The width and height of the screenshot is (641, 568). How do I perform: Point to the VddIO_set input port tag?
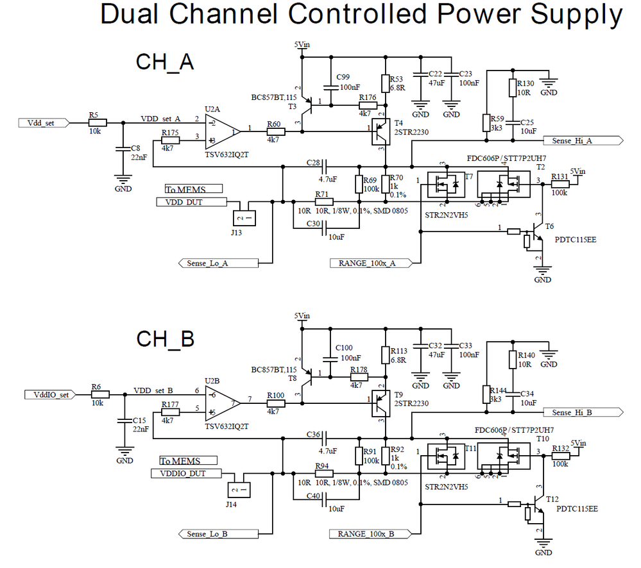tap(49, 394)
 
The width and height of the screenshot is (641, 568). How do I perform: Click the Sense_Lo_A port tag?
tap(218, 263)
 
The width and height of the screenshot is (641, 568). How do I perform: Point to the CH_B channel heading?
tap(165, 339)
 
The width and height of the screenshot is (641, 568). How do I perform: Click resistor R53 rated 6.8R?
tap(386, 83)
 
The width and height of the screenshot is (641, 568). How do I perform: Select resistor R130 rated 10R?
tap(512, 88)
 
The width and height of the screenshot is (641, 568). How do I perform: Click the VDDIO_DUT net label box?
tap(186, 474)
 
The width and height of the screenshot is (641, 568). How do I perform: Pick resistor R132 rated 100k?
tap(560, 455)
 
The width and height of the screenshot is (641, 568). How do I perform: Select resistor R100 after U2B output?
tap(276, 403)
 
